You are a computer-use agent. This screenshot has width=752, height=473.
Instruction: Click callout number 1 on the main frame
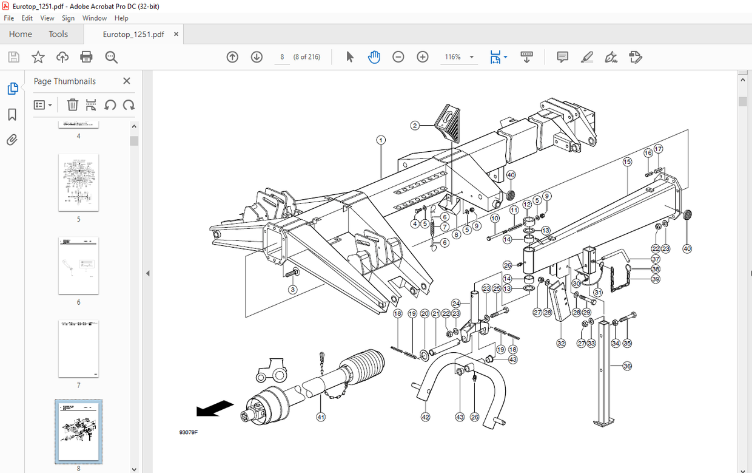coord(381,140)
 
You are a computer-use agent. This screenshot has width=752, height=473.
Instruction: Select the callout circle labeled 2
coord(415,126)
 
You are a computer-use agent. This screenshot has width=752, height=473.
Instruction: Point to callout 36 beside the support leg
coord(627,366)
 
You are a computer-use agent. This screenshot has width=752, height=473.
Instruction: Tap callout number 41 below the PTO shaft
coord(321,417)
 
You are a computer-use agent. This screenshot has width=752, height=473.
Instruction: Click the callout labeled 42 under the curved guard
coord(425,417)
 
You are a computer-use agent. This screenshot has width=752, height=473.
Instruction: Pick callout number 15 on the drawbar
coord(627,162)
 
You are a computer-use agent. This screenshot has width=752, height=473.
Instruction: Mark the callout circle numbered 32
coord(561,344)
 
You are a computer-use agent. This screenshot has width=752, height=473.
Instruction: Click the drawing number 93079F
coord(188,432)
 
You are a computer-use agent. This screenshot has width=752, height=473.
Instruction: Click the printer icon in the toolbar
coord(86,57)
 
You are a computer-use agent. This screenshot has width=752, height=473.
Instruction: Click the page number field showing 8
coord(282,57)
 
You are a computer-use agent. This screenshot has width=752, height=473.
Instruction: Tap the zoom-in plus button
coord(423,57)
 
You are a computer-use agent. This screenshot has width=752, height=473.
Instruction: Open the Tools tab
coord(58,34)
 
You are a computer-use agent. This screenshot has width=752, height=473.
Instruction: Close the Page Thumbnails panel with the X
coord(127,81)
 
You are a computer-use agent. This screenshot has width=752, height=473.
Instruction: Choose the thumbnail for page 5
coord(78,182)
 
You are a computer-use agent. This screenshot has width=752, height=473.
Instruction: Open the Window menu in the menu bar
coord(95,18)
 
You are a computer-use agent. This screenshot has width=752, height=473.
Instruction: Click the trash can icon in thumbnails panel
coord(72,105)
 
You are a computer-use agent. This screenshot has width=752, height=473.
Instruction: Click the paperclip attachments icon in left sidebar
coord(12,140)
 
